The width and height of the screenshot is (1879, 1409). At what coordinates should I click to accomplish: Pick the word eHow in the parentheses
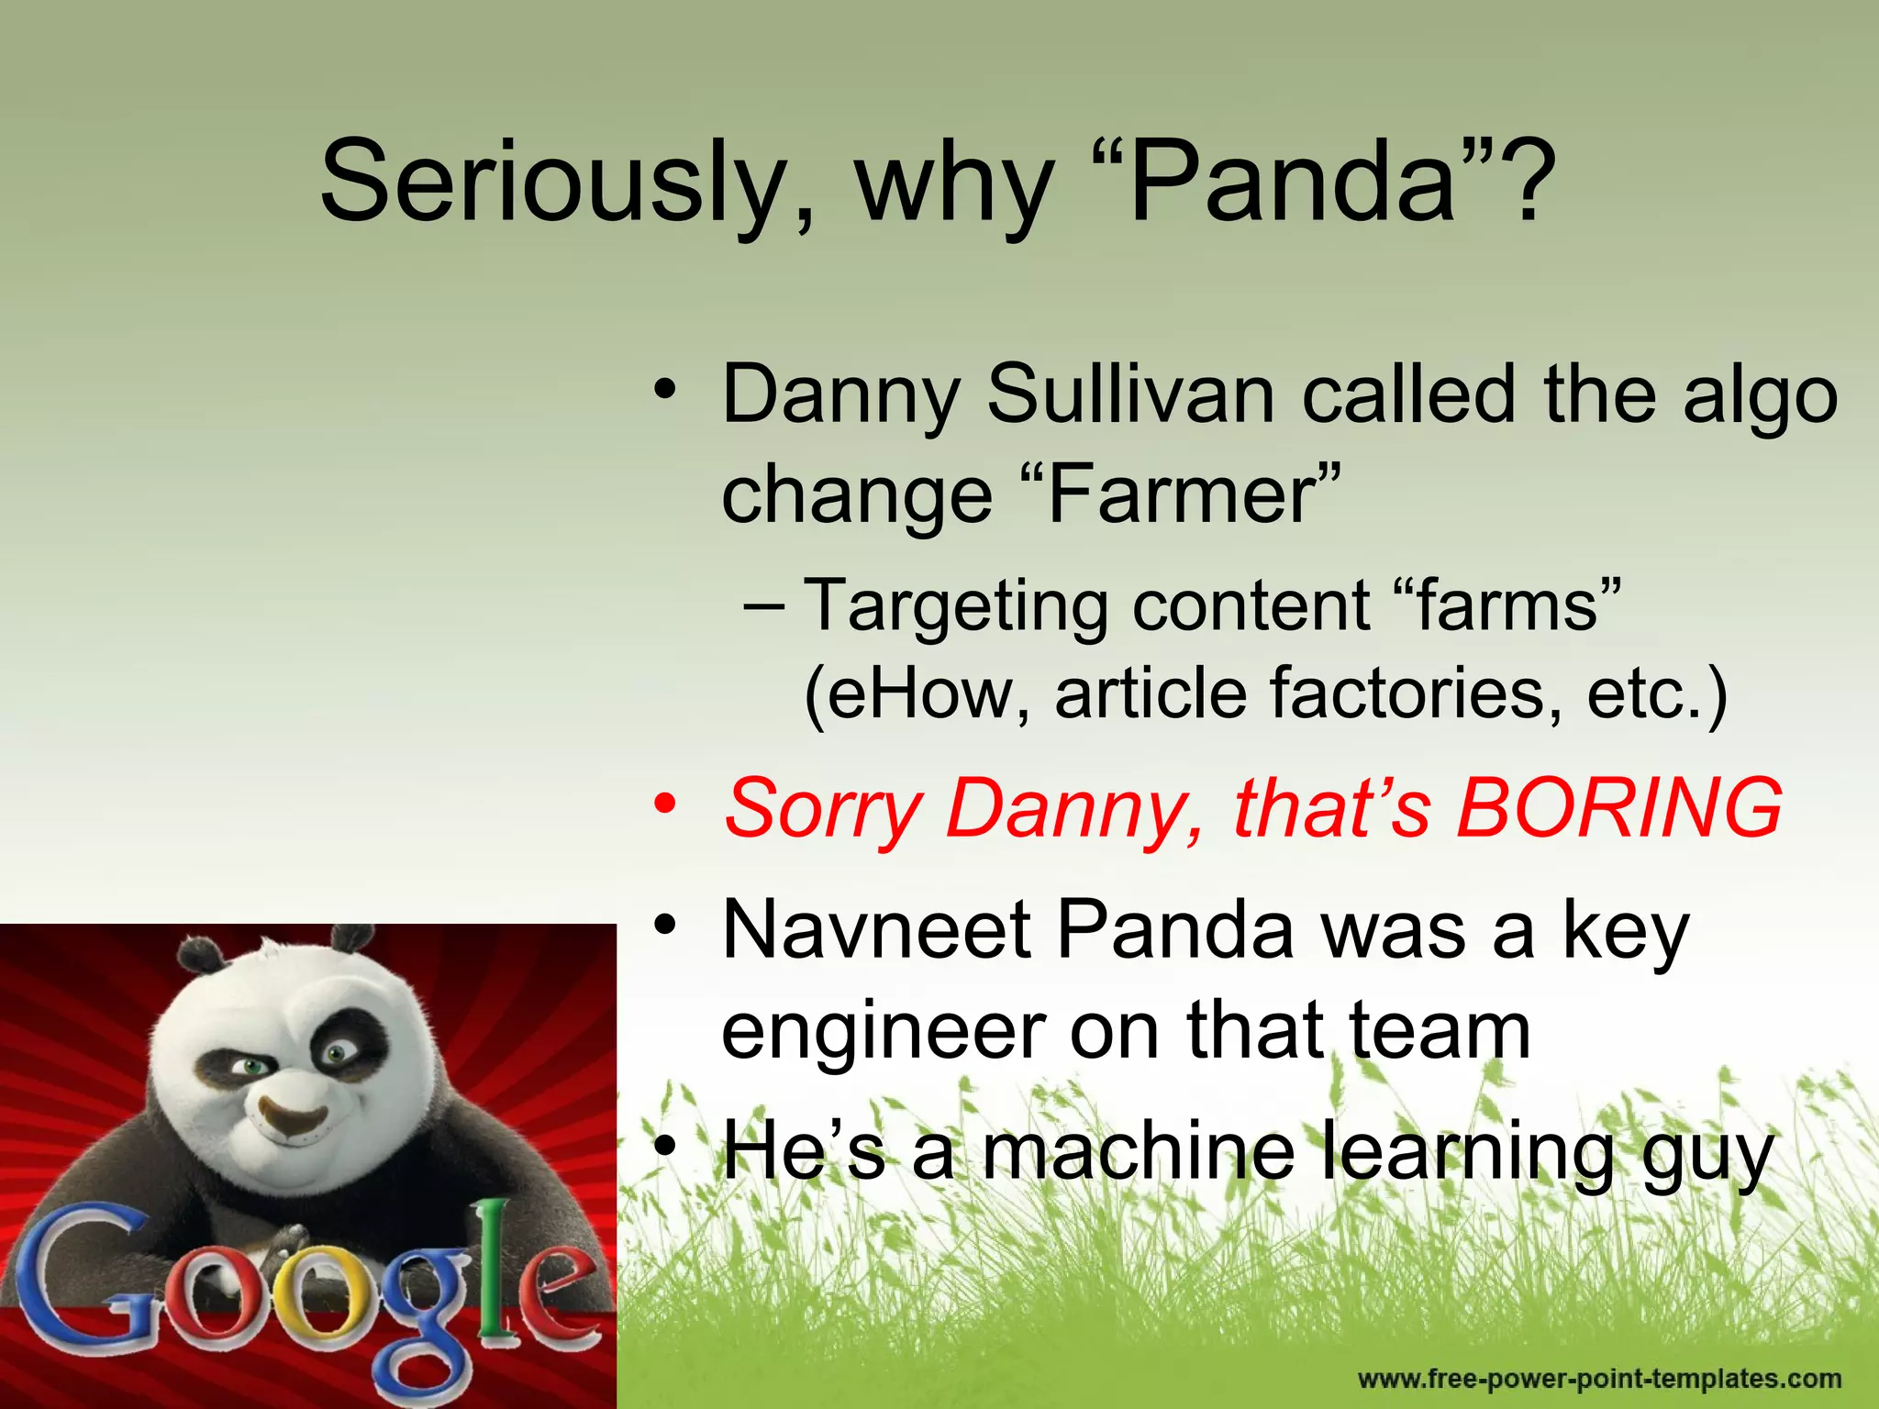click(x=927, y=693)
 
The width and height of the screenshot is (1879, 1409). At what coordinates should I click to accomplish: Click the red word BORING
click(x=1619, y=808)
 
